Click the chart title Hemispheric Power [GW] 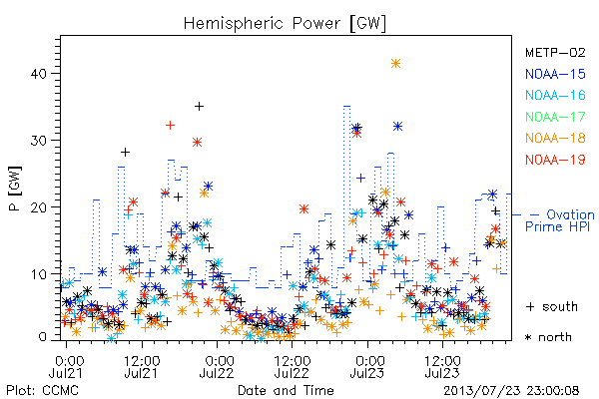pyautogui.click(x=285, y=23)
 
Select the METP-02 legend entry pyautogui.click(x=555, y=52)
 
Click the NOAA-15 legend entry pyautogui.click(x=555, y=74)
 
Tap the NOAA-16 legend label pyautogui.click(x=555, y=95)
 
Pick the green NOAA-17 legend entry pyautogui.click(x=555, y=117)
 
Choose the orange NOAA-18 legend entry pyautogui.click(x=555, y=138)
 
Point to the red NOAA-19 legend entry pyautogui.click(x=555, y=160)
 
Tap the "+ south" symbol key pyautogui.click(x=552, y=306)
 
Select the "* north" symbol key pyautogui.click(x=548, y=337)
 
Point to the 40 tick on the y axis pyautogui.click(x=38, y=73)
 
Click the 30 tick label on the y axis pyautogui.click(x=38, y=140)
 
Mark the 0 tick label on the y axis pyautogui.click(x=42, y=337)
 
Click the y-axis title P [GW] pyautogui.click(x=15, y=189)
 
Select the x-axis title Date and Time pyautogui.click(x=286, y=390)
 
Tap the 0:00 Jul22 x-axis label pyautogui.click(x=217, y=366)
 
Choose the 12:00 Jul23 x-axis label pyautogui.click(x=442, y=366)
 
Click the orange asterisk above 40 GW pyautogui.click(x=395, y=64)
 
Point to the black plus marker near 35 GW pyautogui.click(x=199, y=106)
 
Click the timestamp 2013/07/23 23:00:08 pyautogui.click(x=511, y=391)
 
